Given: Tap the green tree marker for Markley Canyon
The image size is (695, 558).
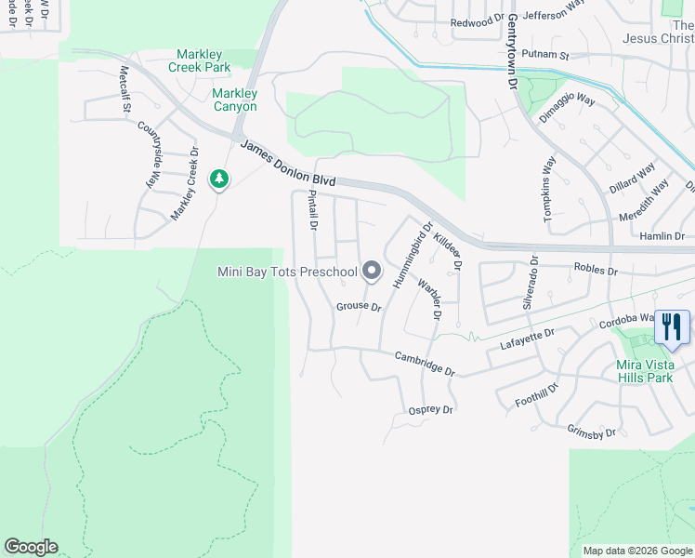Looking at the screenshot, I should click(x=219, y=178).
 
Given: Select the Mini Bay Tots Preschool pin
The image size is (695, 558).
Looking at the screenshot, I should click(x=372, y=272).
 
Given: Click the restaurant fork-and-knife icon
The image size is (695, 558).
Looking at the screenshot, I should click(x=672, y=327).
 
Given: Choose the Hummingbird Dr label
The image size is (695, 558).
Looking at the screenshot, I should click(x=413, y=253).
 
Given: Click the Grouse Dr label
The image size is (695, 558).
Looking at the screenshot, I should click(x=359, y=306).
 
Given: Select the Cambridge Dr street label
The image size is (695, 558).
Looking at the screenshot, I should click(x=425, y=363).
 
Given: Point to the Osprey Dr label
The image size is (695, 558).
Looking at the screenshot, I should click(x=430, y=410).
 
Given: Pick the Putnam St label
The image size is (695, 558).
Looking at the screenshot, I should click(x=544, y=56).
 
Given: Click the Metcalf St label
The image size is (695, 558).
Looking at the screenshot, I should click(x=125, y=90).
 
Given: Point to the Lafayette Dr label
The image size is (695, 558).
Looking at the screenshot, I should click(x=527, y=338).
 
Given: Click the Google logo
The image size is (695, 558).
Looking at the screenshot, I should click(x=31, y=547).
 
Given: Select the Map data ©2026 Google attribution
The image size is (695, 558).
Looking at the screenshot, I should click(x=637, y=551).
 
